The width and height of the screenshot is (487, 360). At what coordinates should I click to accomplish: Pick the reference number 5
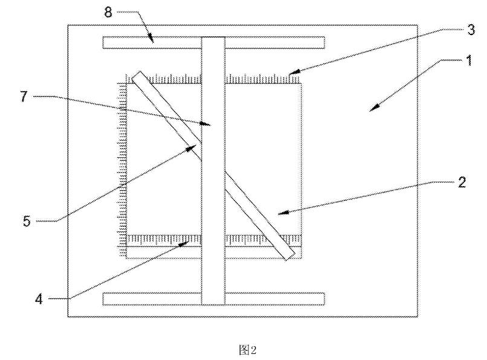[26, 221]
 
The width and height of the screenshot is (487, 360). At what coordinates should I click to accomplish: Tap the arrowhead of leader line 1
[373, 109]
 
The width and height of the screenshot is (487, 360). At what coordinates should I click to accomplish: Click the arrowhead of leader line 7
[210, 124]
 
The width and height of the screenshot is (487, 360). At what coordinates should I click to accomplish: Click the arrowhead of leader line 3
[291, 74]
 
